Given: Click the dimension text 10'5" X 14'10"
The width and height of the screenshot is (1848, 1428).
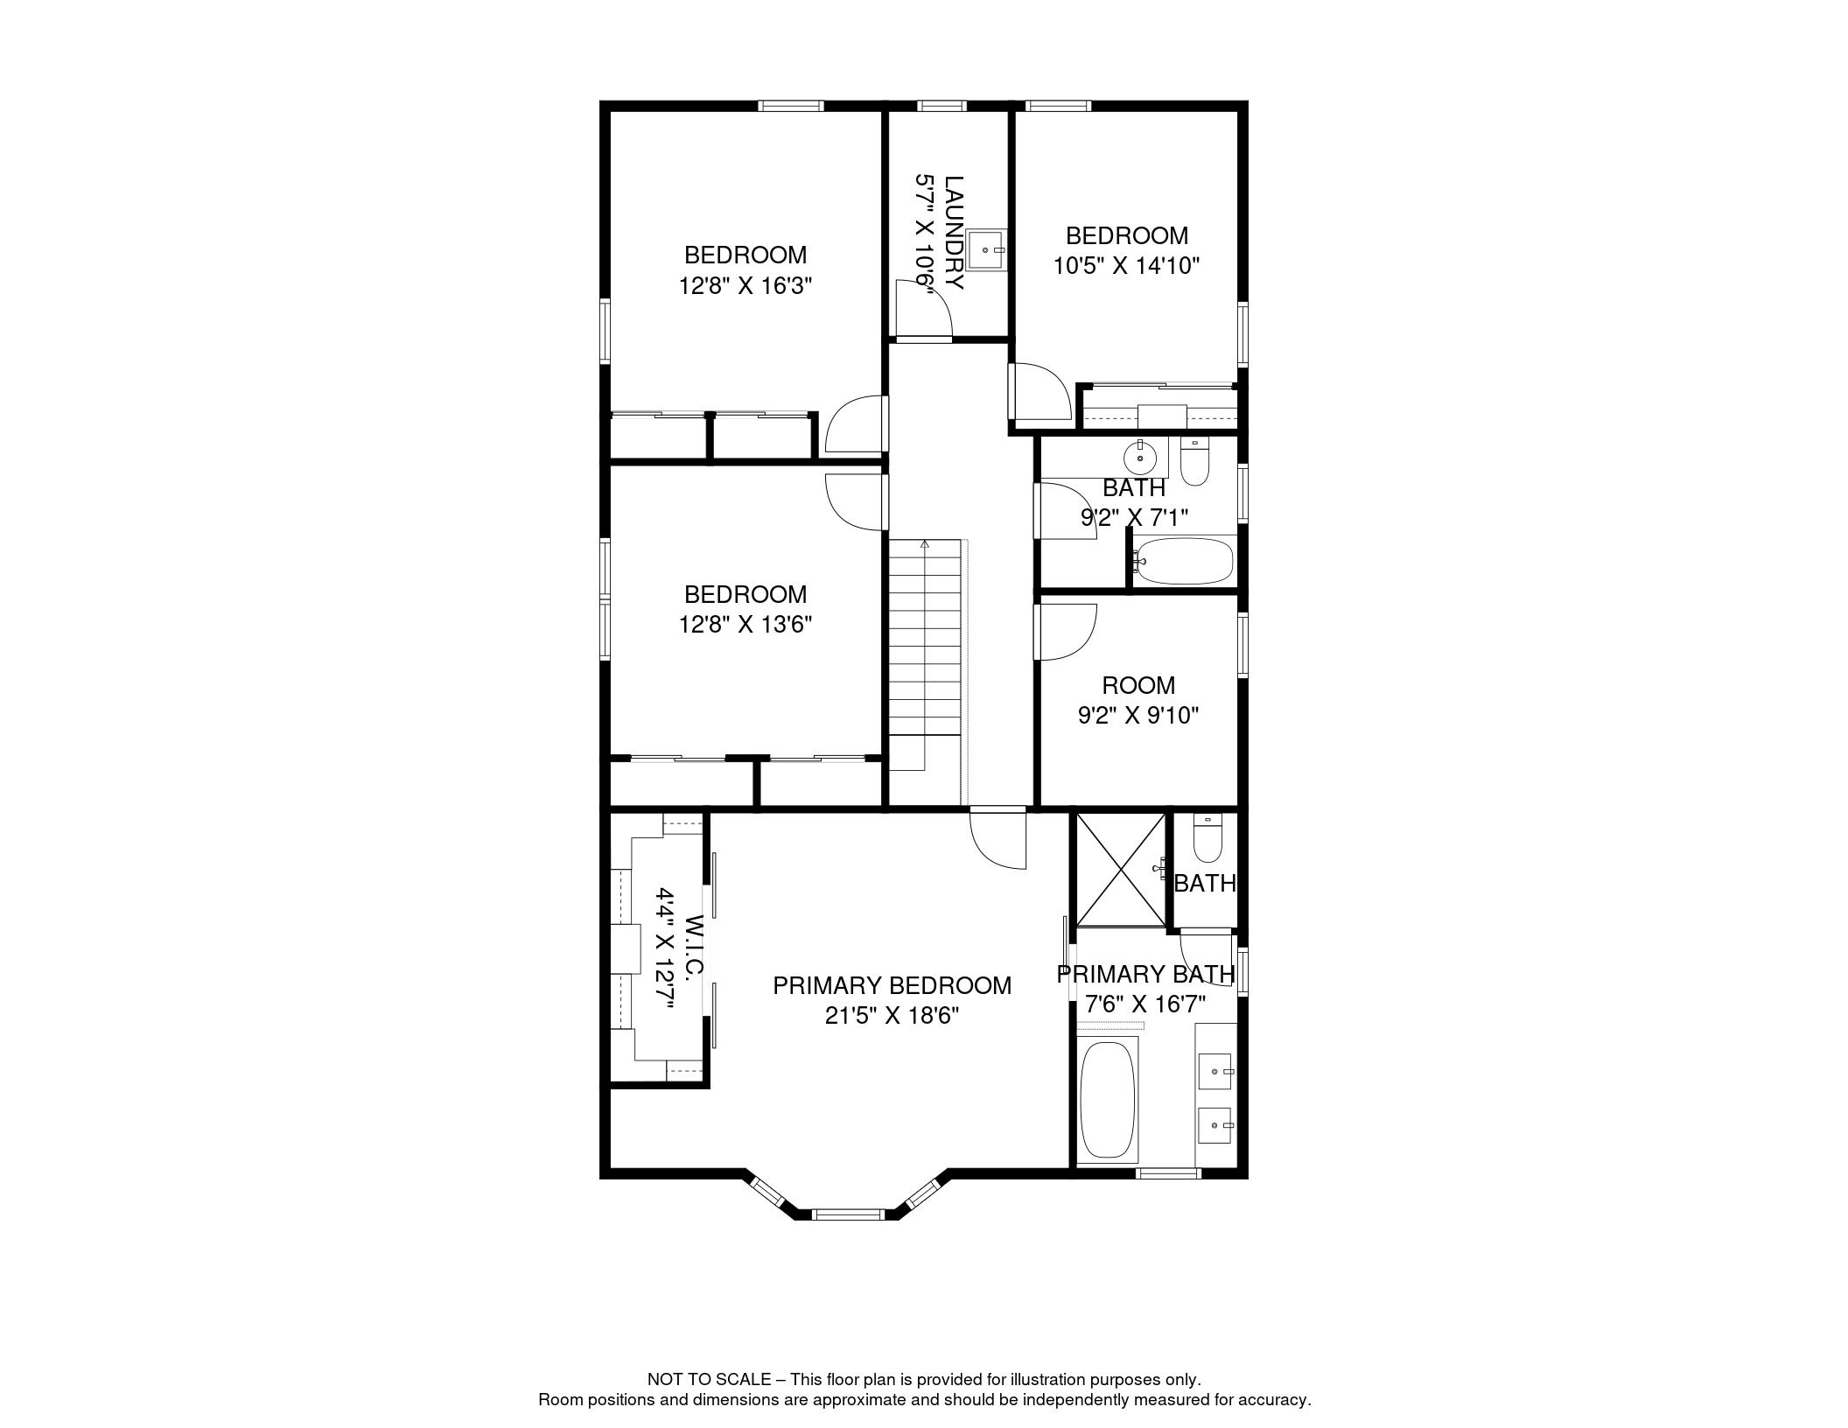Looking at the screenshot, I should [x=1125, y=266].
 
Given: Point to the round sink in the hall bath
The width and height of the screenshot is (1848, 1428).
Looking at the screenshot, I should [x=1141, y=457].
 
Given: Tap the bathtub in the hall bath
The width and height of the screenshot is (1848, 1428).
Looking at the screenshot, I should [x=1184, y=561].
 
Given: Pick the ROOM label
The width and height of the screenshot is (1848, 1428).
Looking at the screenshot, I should [x=1137, y=685].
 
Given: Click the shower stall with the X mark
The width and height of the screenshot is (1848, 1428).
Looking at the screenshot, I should [x=1120, y=869].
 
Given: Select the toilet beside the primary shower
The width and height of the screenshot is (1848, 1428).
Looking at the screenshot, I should [x=1207, y=840].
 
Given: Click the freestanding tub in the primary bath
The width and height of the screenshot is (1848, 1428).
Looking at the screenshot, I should [x=1107, y=1100].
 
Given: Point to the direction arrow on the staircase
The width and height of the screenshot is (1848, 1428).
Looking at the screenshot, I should [x=925, y=545].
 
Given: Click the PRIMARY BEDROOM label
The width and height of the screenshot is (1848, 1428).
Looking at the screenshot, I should [x=892, y=985].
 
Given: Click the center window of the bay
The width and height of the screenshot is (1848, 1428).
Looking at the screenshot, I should [x=848, y=1214].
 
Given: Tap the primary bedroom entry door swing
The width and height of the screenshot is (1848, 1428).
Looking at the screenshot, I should [x=999, y=840].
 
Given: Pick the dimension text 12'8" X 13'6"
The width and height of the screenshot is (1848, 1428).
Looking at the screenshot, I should [x=745, y=625].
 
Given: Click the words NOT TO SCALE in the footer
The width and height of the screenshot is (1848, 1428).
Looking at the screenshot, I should [x=709, y=1379].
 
